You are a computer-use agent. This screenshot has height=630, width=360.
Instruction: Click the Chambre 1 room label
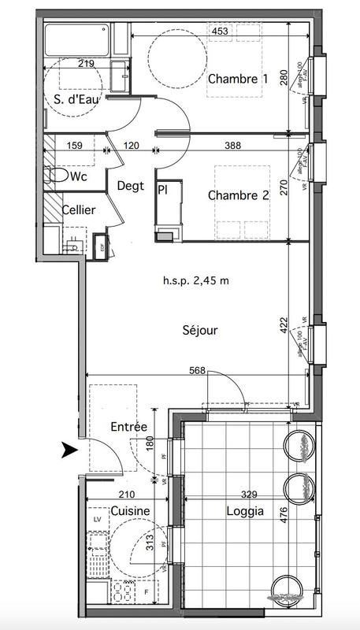pyautogui.click(x=238, y=79)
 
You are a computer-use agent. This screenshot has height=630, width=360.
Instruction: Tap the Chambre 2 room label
pyautogui.click(x=238, y=197)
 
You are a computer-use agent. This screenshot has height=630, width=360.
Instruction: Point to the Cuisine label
pyautogui.click(x=129, y=512)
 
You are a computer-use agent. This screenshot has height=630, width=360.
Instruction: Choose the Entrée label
pyautogui.click(x=128, y=427)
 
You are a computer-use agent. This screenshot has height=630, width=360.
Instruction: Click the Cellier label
pyautogui.click(x=79, y=210)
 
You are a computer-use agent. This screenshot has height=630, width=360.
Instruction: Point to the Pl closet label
pyautogui.click(x=163, y=190)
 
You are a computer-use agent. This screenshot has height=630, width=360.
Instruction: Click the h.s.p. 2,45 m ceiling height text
pyautogui.click(x=195, y=280)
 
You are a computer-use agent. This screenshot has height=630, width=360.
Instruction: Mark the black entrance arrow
pyautogui.click(x=70, y=450)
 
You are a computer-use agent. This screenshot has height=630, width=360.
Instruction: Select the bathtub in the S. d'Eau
pyautogui.click(x=76, y=38)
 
